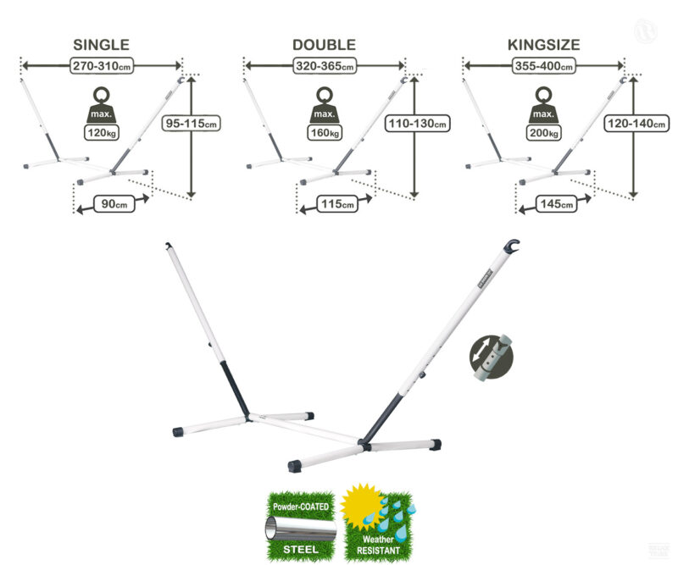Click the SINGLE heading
[x=101, y=45]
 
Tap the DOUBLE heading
[x=324, y=45]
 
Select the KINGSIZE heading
[x=543, y=45]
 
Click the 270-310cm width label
[x=101, y=64]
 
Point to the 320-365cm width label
[x=324, y=65]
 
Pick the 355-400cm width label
[x=543, y=65]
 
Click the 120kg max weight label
[x=101, y=132]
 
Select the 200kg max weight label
[x=543, y=133]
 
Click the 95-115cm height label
[x=192, y=124]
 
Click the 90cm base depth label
[x=114, y=204]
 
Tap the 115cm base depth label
[x=334, y=204]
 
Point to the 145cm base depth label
[x=555, y=204]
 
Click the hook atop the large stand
[x=510, y=247]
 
